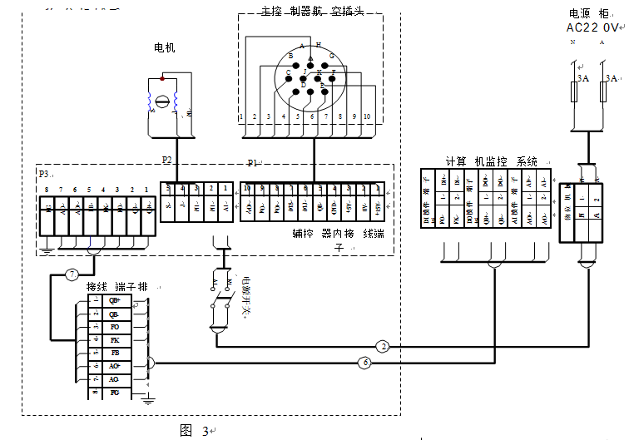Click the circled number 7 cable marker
(x=72, y=274)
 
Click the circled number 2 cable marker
(x=383, y=346)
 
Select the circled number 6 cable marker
(x=364, y=362)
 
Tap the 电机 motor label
(x=165, y=49)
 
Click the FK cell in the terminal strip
(x=113, y=340)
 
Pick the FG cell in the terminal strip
(x=114, y=392)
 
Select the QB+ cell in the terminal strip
(x=114, y=301)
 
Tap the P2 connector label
(x=167, y=158)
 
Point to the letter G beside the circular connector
(x=331, y=56)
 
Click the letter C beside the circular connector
(x=288, y=73)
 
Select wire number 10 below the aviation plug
(x=367, y=117)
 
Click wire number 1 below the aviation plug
(x=240, y=117)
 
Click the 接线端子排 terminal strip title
(x=116, y=286)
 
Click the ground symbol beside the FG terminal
(x=147, y=400)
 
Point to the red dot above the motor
(x=162, y=78)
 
